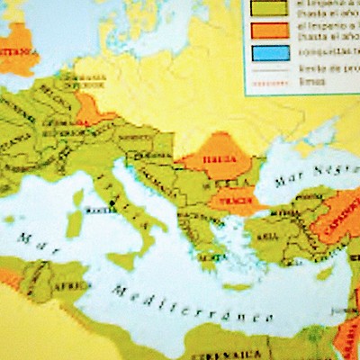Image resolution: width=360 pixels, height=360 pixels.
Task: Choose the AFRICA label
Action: pos(63,280)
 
